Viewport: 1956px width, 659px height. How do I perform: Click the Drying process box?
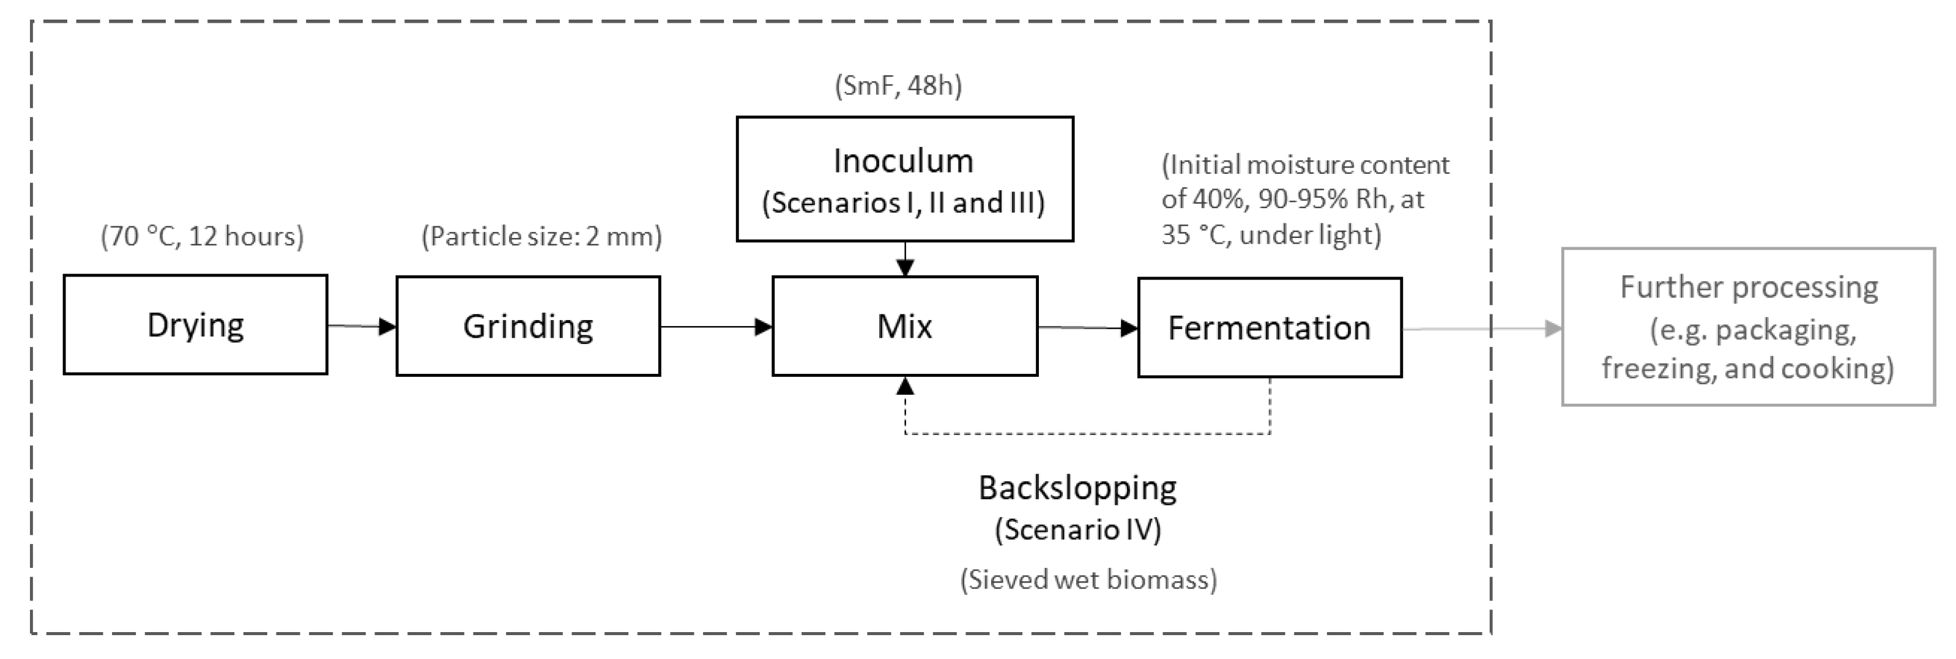pyautogui.click(x=195, y=325)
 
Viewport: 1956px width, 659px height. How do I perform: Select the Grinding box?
pyautogui.click(x=528, y=326)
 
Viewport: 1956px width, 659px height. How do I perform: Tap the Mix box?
pyautogui.click(x=904, y=326)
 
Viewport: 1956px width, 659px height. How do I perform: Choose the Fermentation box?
pyautogui.click(x=1269, y=327)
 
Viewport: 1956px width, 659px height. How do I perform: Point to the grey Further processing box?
pyautogui.click(x=1748, y=327)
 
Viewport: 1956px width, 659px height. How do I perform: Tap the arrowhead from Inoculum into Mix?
pyautogui.click(x=904, y=267)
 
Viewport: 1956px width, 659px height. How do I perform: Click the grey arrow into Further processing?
pyautogui.click(x=1481, y=329)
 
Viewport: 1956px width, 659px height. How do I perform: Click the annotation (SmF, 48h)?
pyautogui.click(x=898, y=86)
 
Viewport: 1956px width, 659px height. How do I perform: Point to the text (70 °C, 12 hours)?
pyautogui.click(x=202, y=237)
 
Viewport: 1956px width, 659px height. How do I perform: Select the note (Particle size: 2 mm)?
pyautogui.click(x=541, y=237)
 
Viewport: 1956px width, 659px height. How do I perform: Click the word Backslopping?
pyautogui.click(x=1077, y=488)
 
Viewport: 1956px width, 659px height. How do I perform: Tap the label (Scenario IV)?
pyautogui.click(x=1077, y=529)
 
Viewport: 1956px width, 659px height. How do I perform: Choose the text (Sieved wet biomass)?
pyautogui.click(x=1088, y=580)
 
